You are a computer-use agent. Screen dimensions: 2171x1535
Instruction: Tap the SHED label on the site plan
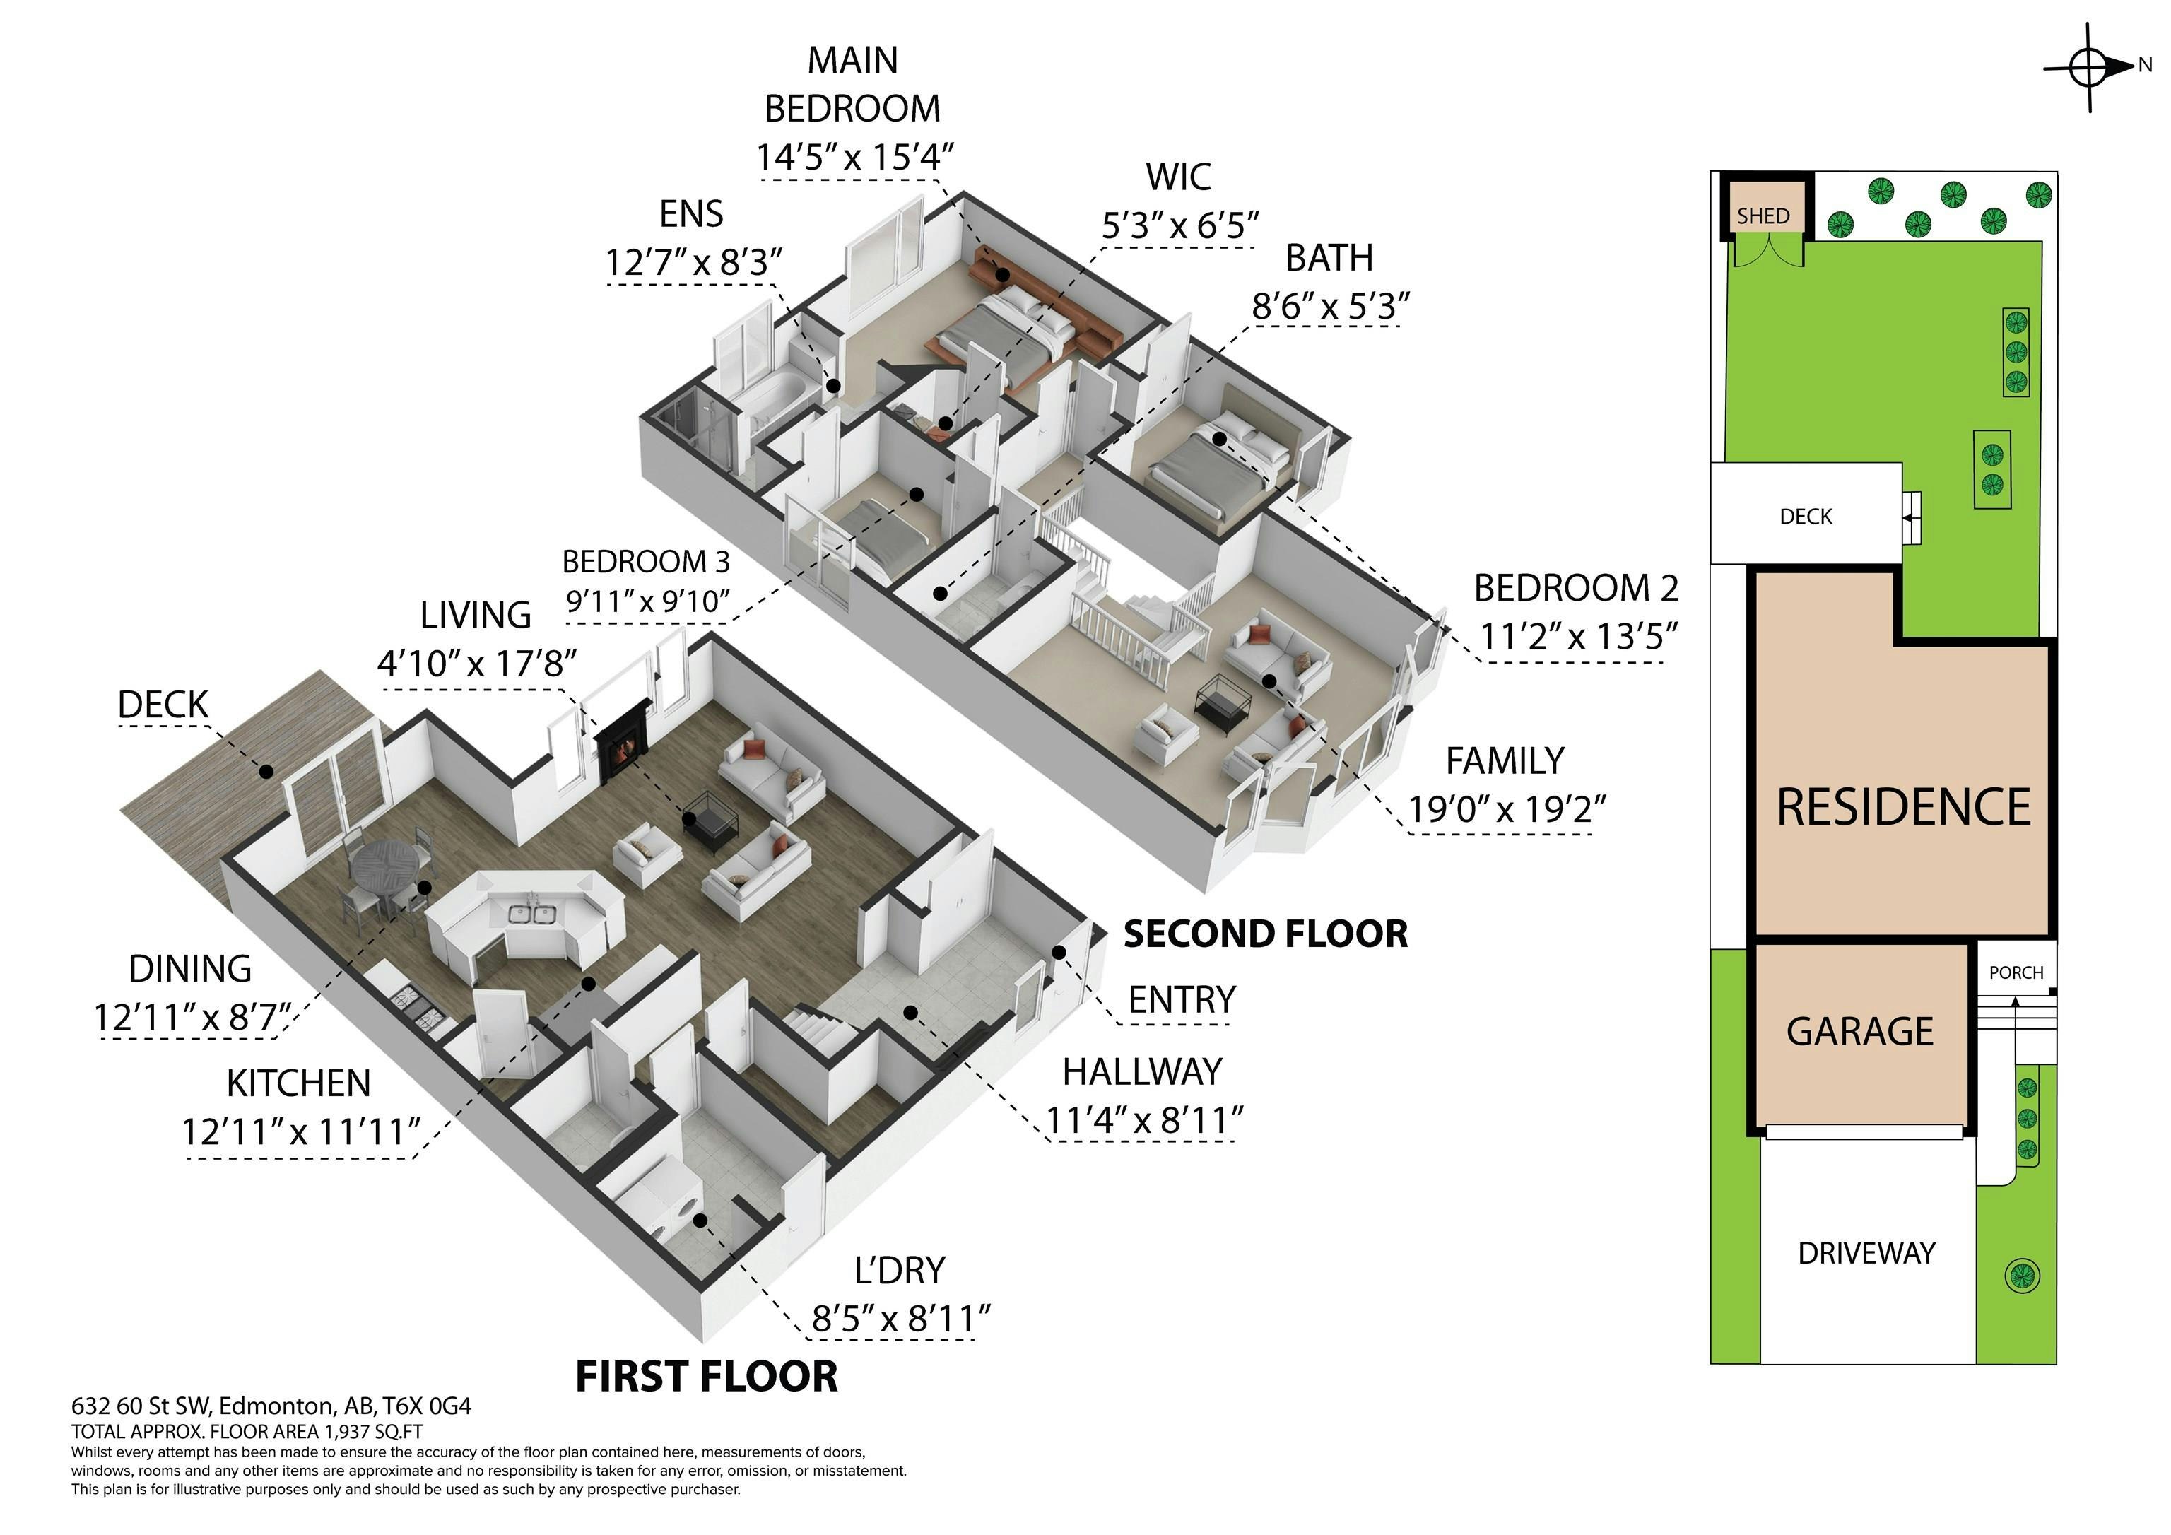tap(1763, 216)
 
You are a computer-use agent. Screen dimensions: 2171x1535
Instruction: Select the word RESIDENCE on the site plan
tap(1903, 807)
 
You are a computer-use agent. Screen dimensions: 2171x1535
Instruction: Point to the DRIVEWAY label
tap(1866, 1252)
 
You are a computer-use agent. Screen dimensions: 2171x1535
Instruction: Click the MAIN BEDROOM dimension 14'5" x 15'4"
tap(853, 156)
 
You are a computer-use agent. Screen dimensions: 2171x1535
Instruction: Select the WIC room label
tap(1178, 177)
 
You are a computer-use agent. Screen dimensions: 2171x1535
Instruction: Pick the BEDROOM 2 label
tap(1575, 588)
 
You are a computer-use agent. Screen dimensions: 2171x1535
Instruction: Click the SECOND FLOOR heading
tap(1265, 934)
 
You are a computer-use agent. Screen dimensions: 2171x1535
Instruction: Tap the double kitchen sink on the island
tap(531, 914)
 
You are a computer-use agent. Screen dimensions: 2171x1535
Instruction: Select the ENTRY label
tap(1182, 1000)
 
